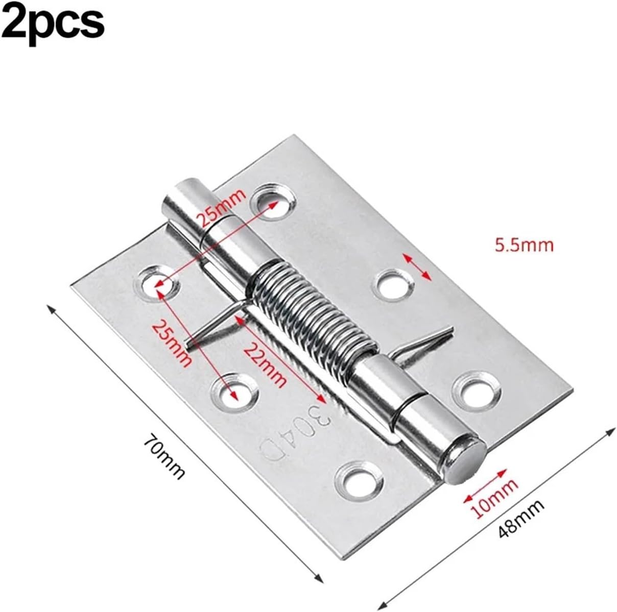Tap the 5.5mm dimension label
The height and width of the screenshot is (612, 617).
(524, 246)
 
